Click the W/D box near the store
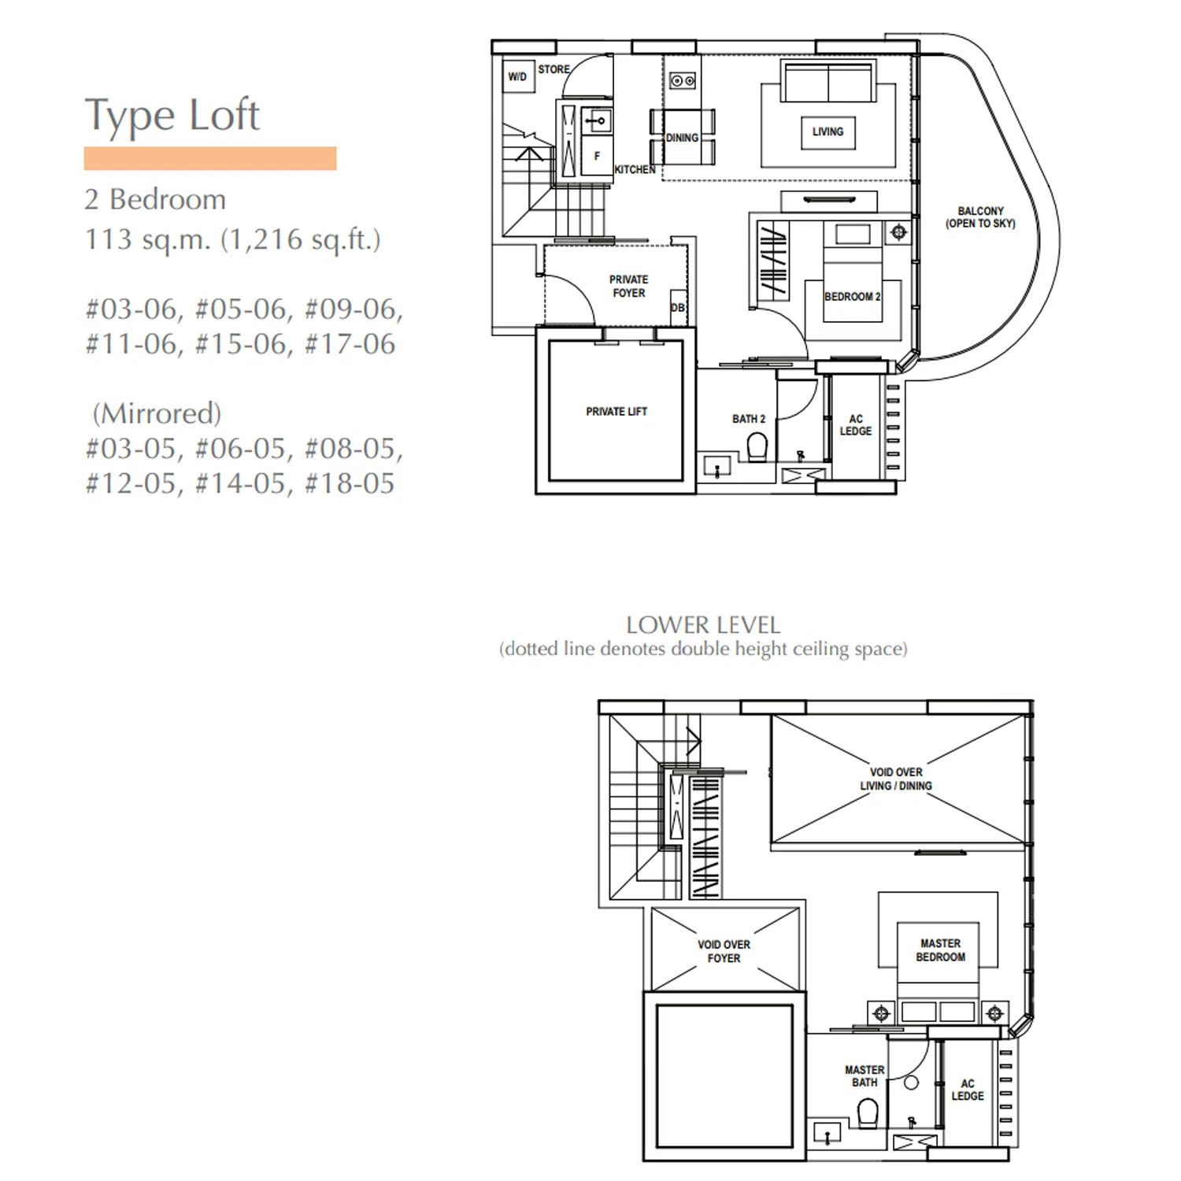(518, 76)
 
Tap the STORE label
(554, 69)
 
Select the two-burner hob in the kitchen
(683, 80)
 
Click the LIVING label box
(827, 131)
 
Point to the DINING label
(682, 138)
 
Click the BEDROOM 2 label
(853, 297)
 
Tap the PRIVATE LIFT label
(616, 411)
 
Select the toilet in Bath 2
(757, 447)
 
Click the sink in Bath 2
(716, 466)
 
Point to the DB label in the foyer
(678, 308)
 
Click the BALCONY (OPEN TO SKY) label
(980, 217)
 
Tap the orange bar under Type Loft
(210, 158)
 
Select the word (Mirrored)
(157, 413)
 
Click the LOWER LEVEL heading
(703, 625)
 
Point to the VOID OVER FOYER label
(724, 951)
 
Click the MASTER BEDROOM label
(940, 950)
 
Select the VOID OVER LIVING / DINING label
(896, 779)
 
